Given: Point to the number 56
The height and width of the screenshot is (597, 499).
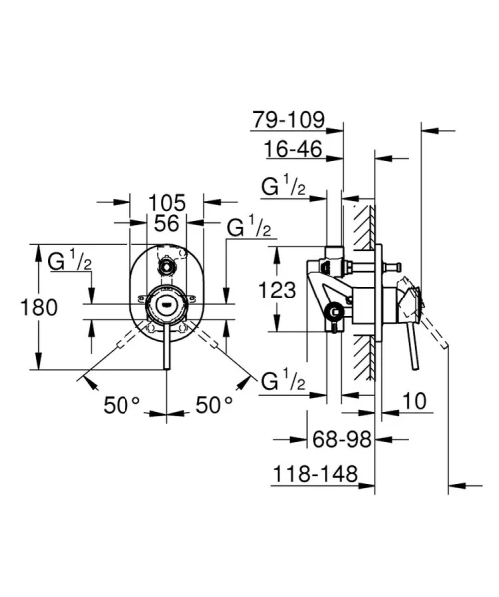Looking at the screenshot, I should tap(166, 225).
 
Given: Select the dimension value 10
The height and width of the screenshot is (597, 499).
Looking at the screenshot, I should tap(417, 403).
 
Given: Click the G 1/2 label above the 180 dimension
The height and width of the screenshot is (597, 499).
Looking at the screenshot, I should tap(71, 262).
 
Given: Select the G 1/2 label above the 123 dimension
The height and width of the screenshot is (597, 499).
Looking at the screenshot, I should tap(283, 186).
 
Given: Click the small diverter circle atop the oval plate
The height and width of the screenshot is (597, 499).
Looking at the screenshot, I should tap(167, 266).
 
